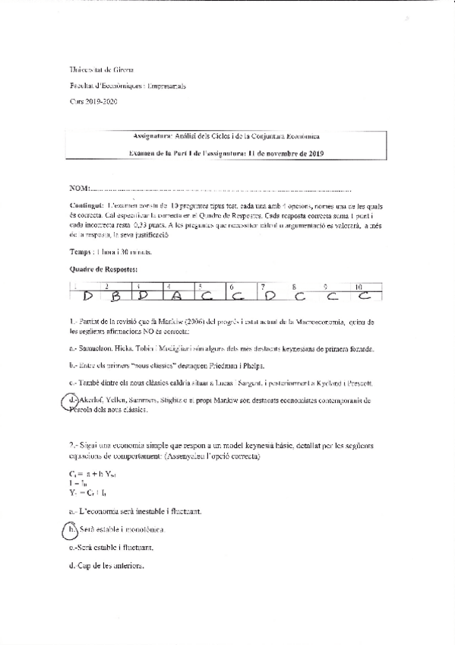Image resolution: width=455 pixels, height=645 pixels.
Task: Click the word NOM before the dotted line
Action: (79, 188)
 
